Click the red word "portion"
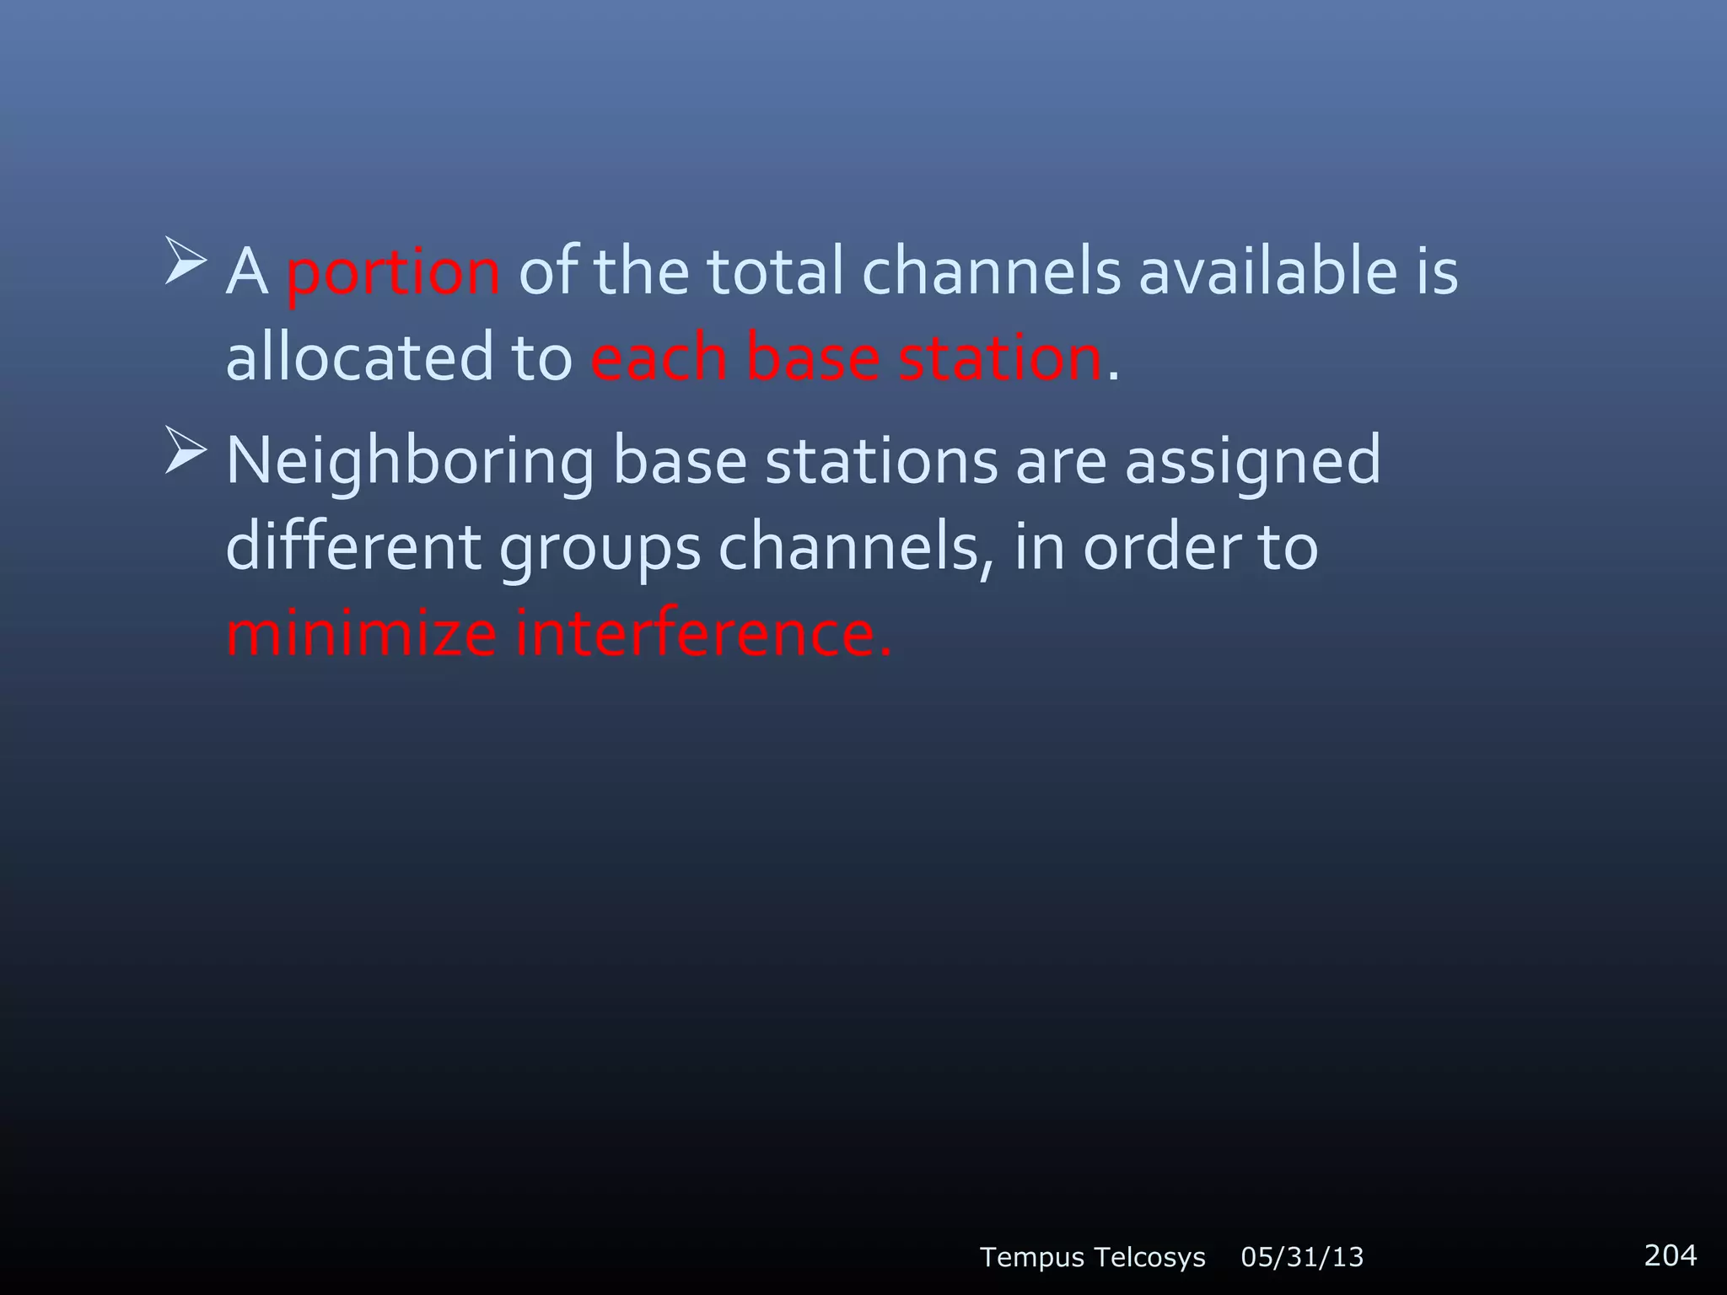pos(393,273)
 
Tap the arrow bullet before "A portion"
pos(186,261)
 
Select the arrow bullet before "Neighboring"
pos(186,450)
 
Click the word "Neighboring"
pos(410,462)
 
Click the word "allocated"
pos(358,357)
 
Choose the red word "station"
pos(999,357)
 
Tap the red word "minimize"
pos(361,634)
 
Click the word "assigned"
pos(1253,462)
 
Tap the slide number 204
pos(1670,1255)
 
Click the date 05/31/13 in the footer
pos(1302,1257)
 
